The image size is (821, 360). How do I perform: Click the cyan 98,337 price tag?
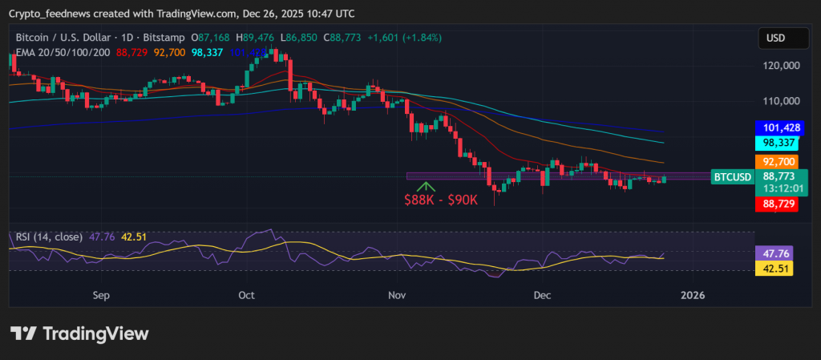point(778,142)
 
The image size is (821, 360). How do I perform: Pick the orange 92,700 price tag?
point(778,161)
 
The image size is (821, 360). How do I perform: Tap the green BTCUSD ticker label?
point(732,176)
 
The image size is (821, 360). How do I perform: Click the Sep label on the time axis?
point(100,295)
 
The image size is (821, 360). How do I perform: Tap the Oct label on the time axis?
point(246,295)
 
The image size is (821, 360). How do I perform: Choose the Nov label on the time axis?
point(396,295)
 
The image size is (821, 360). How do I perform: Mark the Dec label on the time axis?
point(543,295)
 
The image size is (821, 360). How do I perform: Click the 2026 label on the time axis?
point(692,295)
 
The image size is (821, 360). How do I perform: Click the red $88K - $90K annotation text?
point(441,200)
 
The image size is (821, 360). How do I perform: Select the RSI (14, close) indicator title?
point(49,237)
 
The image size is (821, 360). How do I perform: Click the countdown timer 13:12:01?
point(783,189)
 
